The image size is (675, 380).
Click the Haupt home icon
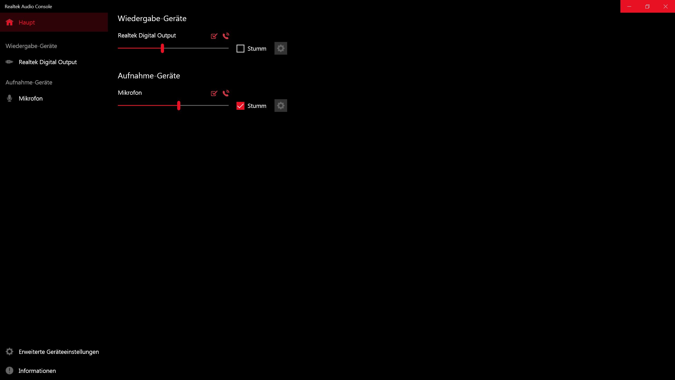tap(9, 22)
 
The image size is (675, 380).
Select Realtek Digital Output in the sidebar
tap(47, 62)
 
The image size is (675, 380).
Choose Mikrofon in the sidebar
tap(31, 98)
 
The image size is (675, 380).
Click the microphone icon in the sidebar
tap(9, 98)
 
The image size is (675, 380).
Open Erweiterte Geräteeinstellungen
tap(59, 352)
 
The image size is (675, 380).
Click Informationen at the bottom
tap(37, 371)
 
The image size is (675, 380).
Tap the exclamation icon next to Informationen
tap(9, 371)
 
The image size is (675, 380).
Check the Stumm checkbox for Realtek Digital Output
tap(240, 49)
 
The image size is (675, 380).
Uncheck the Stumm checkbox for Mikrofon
tap(240, 106)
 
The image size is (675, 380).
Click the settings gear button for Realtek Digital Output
tap(281, 48)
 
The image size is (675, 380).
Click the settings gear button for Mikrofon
tap(281, 106)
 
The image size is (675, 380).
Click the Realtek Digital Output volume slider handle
tap(162, 48)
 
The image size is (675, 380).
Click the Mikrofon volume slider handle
tap(179, 106)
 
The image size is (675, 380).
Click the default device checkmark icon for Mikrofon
tap(214, 93)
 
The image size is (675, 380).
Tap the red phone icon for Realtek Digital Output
tap(226, 36)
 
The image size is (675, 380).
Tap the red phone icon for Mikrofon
tap(226, 93)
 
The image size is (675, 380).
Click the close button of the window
tap(666, 6)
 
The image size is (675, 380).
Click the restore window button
tap(647, 6)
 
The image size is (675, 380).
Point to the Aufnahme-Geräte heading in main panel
tap(149, 76)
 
